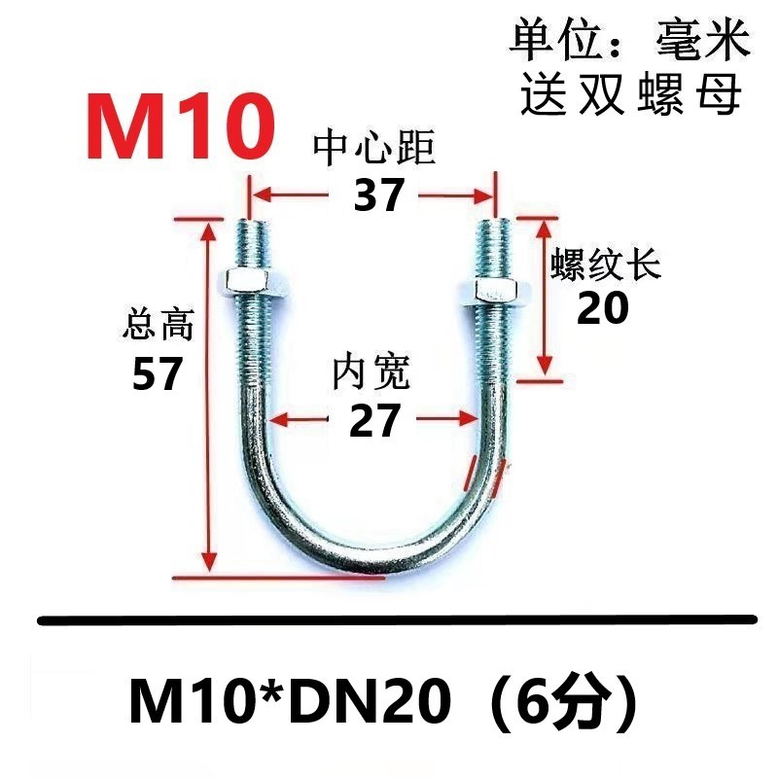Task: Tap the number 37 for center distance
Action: (x=377, y=196)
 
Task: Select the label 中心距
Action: (x=374, y=151)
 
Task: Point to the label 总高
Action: (x=159, y=324)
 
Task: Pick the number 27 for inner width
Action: (x=374, y=420)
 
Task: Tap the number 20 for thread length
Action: (x=603, y=309)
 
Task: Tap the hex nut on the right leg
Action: (x=489, y=289)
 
